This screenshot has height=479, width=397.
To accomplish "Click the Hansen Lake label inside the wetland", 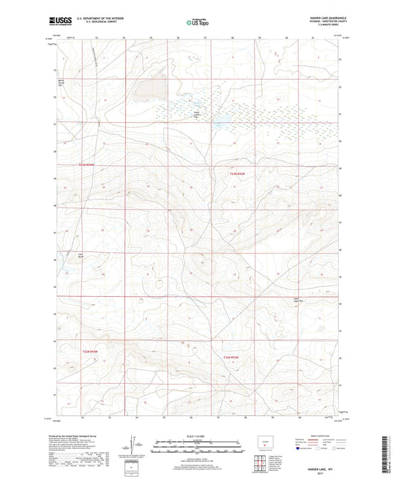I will tap(197, 114).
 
